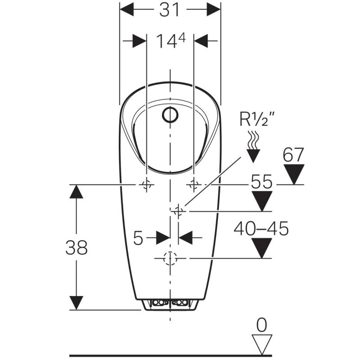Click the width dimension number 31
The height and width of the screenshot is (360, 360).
[x=170, y=9]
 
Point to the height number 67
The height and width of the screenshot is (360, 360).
[x=293, y=156]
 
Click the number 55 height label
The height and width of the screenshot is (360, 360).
[x=261, y=182]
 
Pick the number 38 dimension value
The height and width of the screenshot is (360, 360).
[x=76, y=247]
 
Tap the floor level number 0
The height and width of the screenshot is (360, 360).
[x=262, y=324]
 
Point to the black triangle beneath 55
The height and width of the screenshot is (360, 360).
[x=262, y=201]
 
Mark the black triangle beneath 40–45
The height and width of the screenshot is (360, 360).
[x=262, y=248]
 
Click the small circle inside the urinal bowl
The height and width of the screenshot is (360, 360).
[x=170, y=116]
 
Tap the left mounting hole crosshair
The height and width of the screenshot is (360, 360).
[x=146, y=184]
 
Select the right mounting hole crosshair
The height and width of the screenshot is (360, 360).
[x=194, y=184]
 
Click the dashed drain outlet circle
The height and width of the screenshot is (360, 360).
[x=170, y=258]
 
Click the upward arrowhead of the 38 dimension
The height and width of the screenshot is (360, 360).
[x=76, y=191]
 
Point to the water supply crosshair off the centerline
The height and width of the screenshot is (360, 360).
[x=179, y=210]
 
